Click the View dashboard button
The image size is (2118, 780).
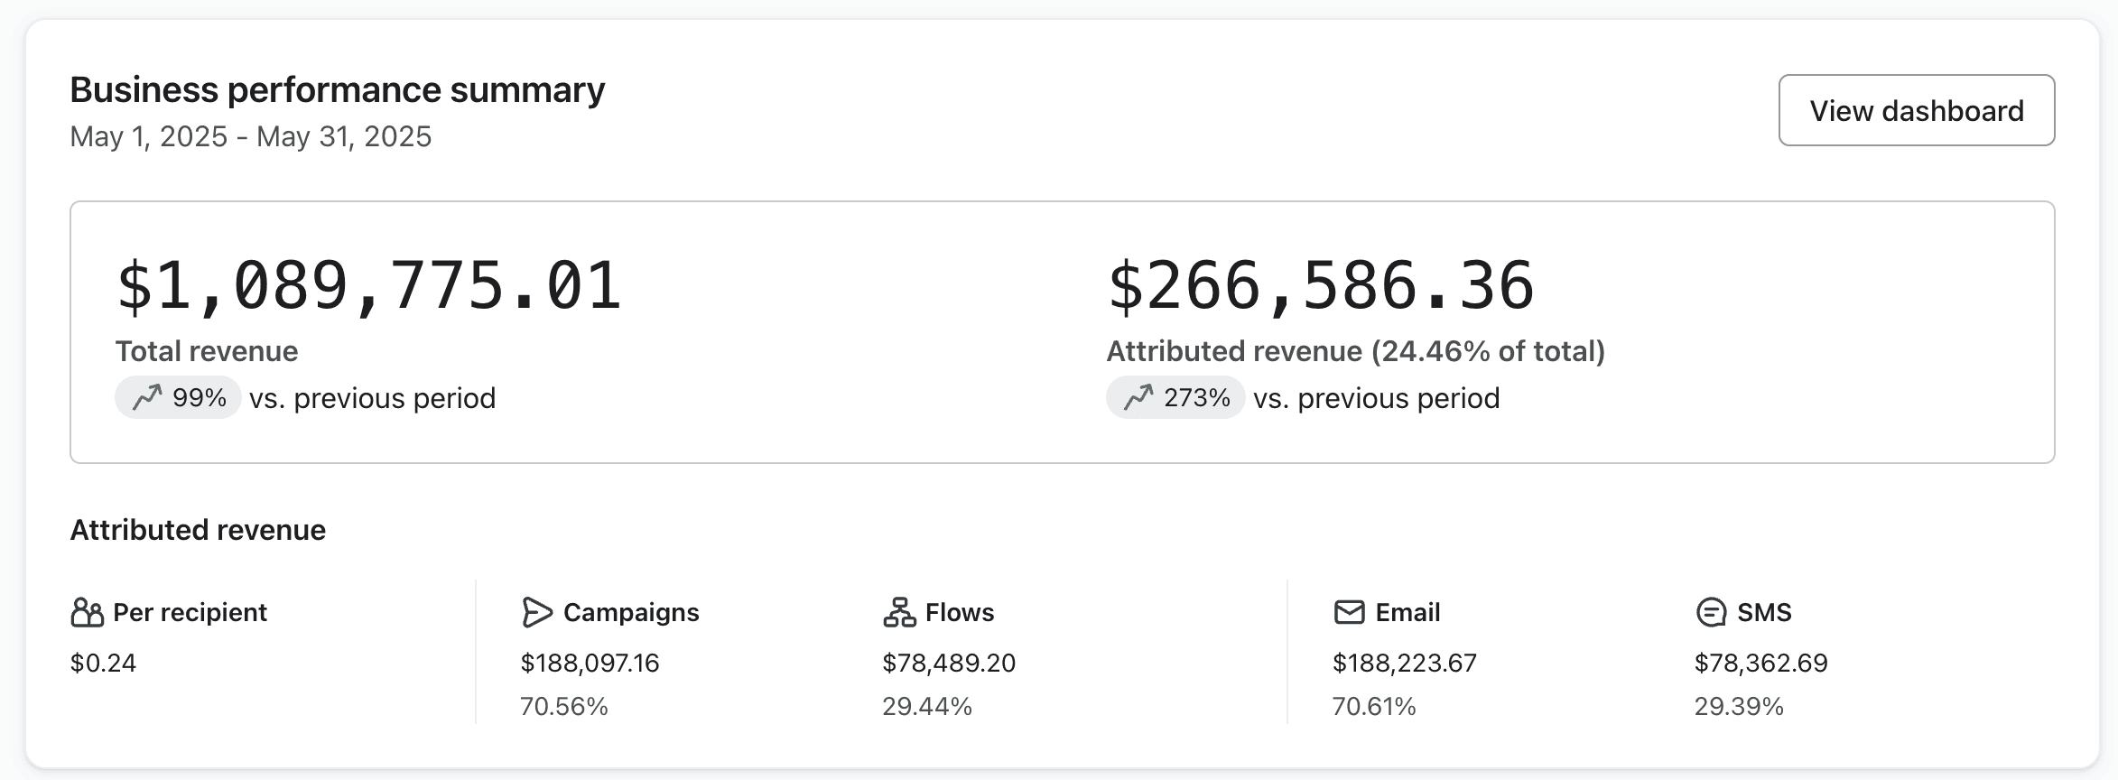pos(1916,110)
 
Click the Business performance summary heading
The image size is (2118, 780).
pos(338,90)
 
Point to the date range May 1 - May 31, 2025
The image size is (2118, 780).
pos(251,136)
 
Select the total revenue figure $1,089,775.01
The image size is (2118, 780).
pos(369,285)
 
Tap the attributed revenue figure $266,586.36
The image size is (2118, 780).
pos(1321,285)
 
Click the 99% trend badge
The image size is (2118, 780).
pos(178,397)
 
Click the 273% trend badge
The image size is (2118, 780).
pos(1175,397)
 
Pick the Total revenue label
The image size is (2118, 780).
pos(207,351)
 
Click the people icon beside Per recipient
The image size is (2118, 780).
pos(88,612)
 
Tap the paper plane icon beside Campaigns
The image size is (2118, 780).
pos(536,612)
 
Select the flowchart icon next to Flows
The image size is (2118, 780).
pos(899,612)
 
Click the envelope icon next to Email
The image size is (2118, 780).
pos(1349,612)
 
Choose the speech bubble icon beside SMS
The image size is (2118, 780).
pos(1711,612)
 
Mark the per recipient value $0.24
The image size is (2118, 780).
pos(103,664)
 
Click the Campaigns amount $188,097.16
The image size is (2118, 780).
pos(590,664)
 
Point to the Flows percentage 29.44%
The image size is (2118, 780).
pos(927,706)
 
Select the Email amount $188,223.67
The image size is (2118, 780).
pos(1405,664)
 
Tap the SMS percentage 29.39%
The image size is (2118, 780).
pos(1739,706)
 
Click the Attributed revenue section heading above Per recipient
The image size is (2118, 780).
pos(198,530)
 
